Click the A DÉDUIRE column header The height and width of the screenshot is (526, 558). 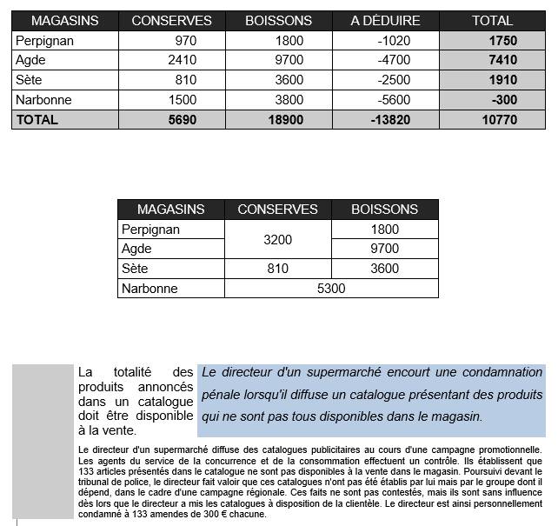[x=385, y=20]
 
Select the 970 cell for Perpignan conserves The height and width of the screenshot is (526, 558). [x=185, y=41]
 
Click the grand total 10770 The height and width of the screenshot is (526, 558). [x=499, y=120]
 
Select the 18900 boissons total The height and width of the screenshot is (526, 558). [x=286, y=120]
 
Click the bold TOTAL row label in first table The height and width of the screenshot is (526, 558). [x=37, y=120]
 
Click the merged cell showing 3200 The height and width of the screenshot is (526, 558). [x=277, y=239]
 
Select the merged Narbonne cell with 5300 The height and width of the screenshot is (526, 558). [x=331, y=289]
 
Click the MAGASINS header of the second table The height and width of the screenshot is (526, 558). [x=170, y=210]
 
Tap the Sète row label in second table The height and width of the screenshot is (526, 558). [x=136, y=269]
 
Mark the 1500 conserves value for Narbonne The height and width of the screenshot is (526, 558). [x=183, y=100]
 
